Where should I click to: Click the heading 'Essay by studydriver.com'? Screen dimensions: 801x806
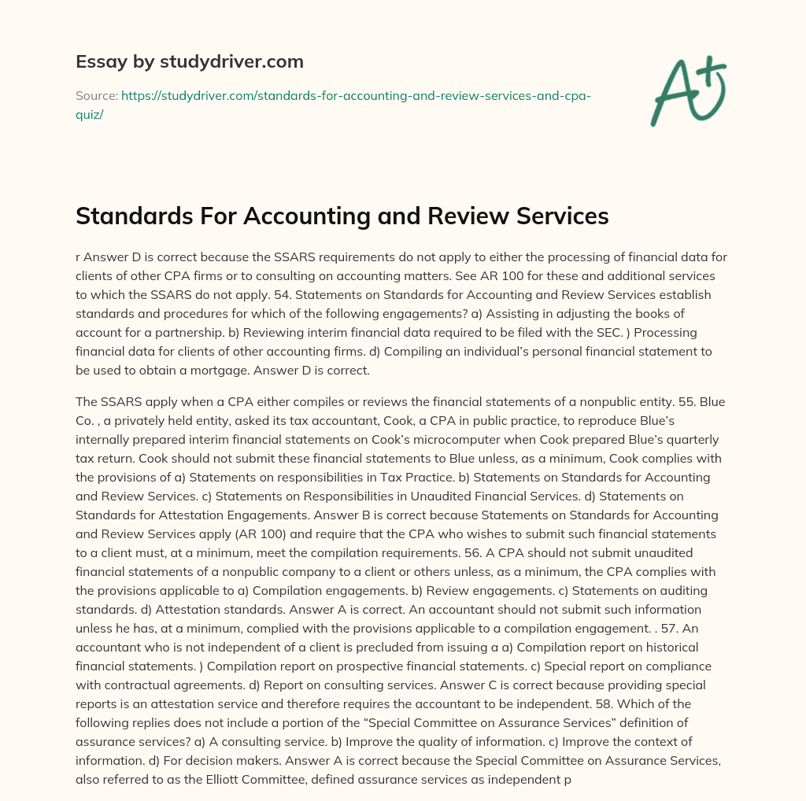point(189,61)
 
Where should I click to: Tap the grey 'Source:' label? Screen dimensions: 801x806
point(96,96)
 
